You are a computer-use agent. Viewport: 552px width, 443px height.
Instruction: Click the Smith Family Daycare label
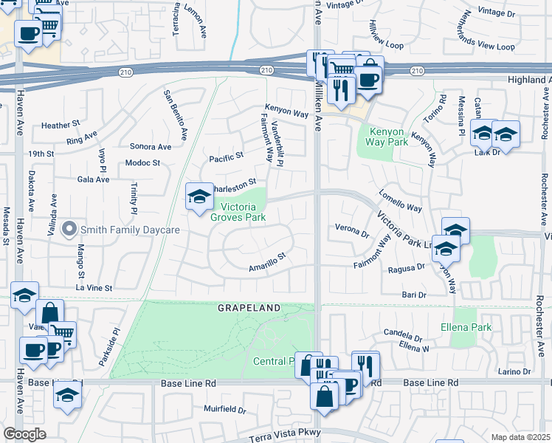pos(130,230)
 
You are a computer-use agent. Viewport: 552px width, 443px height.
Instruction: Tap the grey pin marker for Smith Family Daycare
pos(69,230)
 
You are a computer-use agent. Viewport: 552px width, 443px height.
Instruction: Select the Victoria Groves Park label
pos(238,212)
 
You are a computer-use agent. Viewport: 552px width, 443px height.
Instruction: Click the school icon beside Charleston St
pos(199,196)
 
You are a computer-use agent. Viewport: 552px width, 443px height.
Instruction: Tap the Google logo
pos(24,434)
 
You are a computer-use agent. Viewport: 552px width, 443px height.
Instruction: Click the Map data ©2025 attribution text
pos(520,437)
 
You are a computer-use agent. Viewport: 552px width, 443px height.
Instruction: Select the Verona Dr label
pos(352,233)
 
